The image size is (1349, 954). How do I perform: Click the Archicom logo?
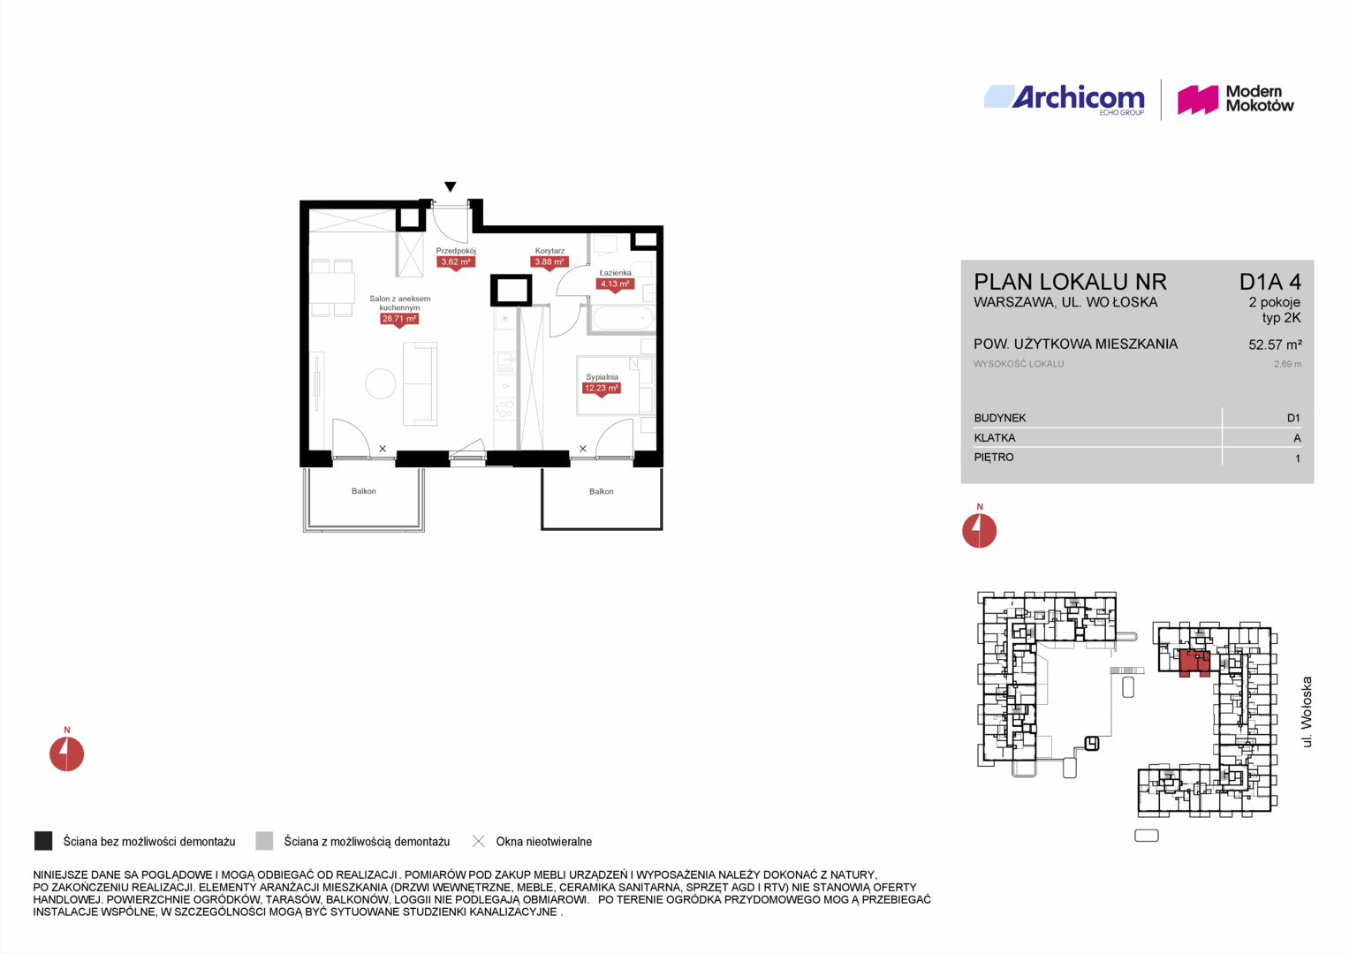coord(1065,99)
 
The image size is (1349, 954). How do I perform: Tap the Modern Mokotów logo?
coord(1235,99)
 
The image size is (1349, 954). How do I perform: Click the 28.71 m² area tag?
coord(398,319)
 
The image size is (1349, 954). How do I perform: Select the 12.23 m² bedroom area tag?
coord(602,389)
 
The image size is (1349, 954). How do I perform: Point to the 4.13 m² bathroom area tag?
coord(615,284)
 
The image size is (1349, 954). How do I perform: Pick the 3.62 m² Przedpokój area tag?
coord(456,262)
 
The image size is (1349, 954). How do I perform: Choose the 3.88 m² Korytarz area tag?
coord(549,262)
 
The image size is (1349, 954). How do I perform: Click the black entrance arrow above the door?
coord(450,186)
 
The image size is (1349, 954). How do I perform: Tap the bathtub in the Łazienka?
coord(623,317)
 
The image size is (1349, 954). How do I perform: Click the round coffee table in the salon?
coord(381,383)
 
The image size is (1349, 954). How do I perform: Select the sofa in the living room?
coord(420,383)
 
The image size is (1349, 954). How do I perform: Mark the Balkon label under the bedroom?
coord(601,491)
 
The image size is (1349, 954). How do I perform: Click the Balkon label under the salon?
coord(364,491)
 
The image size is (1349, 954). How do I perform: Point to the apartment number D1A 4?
coord(1270,282)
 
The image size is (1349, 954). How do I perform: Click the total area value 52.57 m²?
coord(1275,345)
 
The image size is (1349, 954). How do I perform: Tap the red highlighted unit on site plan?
coord(1194,662)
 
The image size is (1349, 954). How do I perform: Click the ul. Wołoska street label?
coord(1307,712)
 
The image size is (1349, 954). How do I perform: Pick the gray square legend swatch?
coord(264,841)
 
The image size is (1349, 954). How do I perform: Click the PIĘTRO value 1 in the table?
coord(1297,458)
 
